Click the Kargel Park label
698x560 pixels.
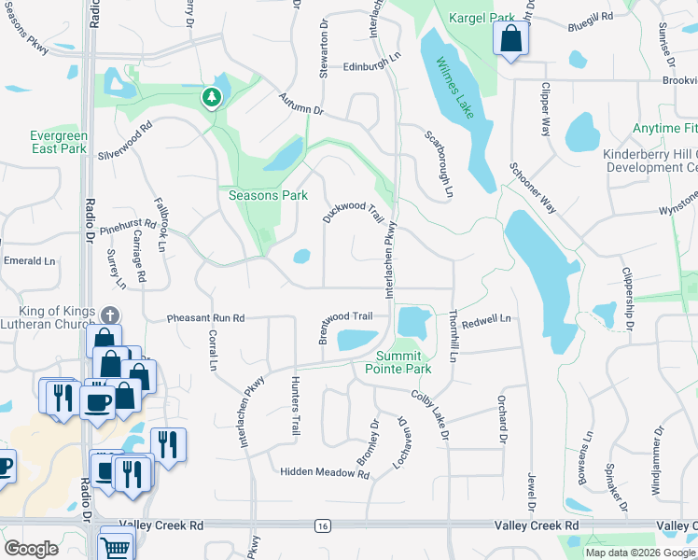click(x=482, y=18)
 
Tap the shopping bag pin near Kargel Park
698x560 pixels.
click(x=510, y=39)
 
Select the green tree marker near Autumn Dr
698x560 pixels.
click(x=213, y=96)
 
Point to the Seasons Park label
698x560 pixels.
click(x=268, y=195)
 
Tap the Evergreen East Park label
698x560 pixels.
click(x=59, y=142)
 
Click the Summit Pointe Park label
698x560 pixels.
click(x=403, y=362)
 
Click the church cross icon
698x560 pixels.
click(x=110, y=315)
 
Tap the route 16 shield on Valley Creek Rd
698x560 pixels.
click(x=323, y=526)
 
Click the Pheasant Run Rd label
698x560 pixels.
click(x=205, y=318)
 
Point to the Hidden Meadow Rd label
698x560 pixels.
click(x=325, y=473)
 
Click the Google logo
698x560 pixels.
click(x=32, y=549)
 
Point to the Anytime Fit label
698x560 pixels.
click(x=664, y=128)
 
